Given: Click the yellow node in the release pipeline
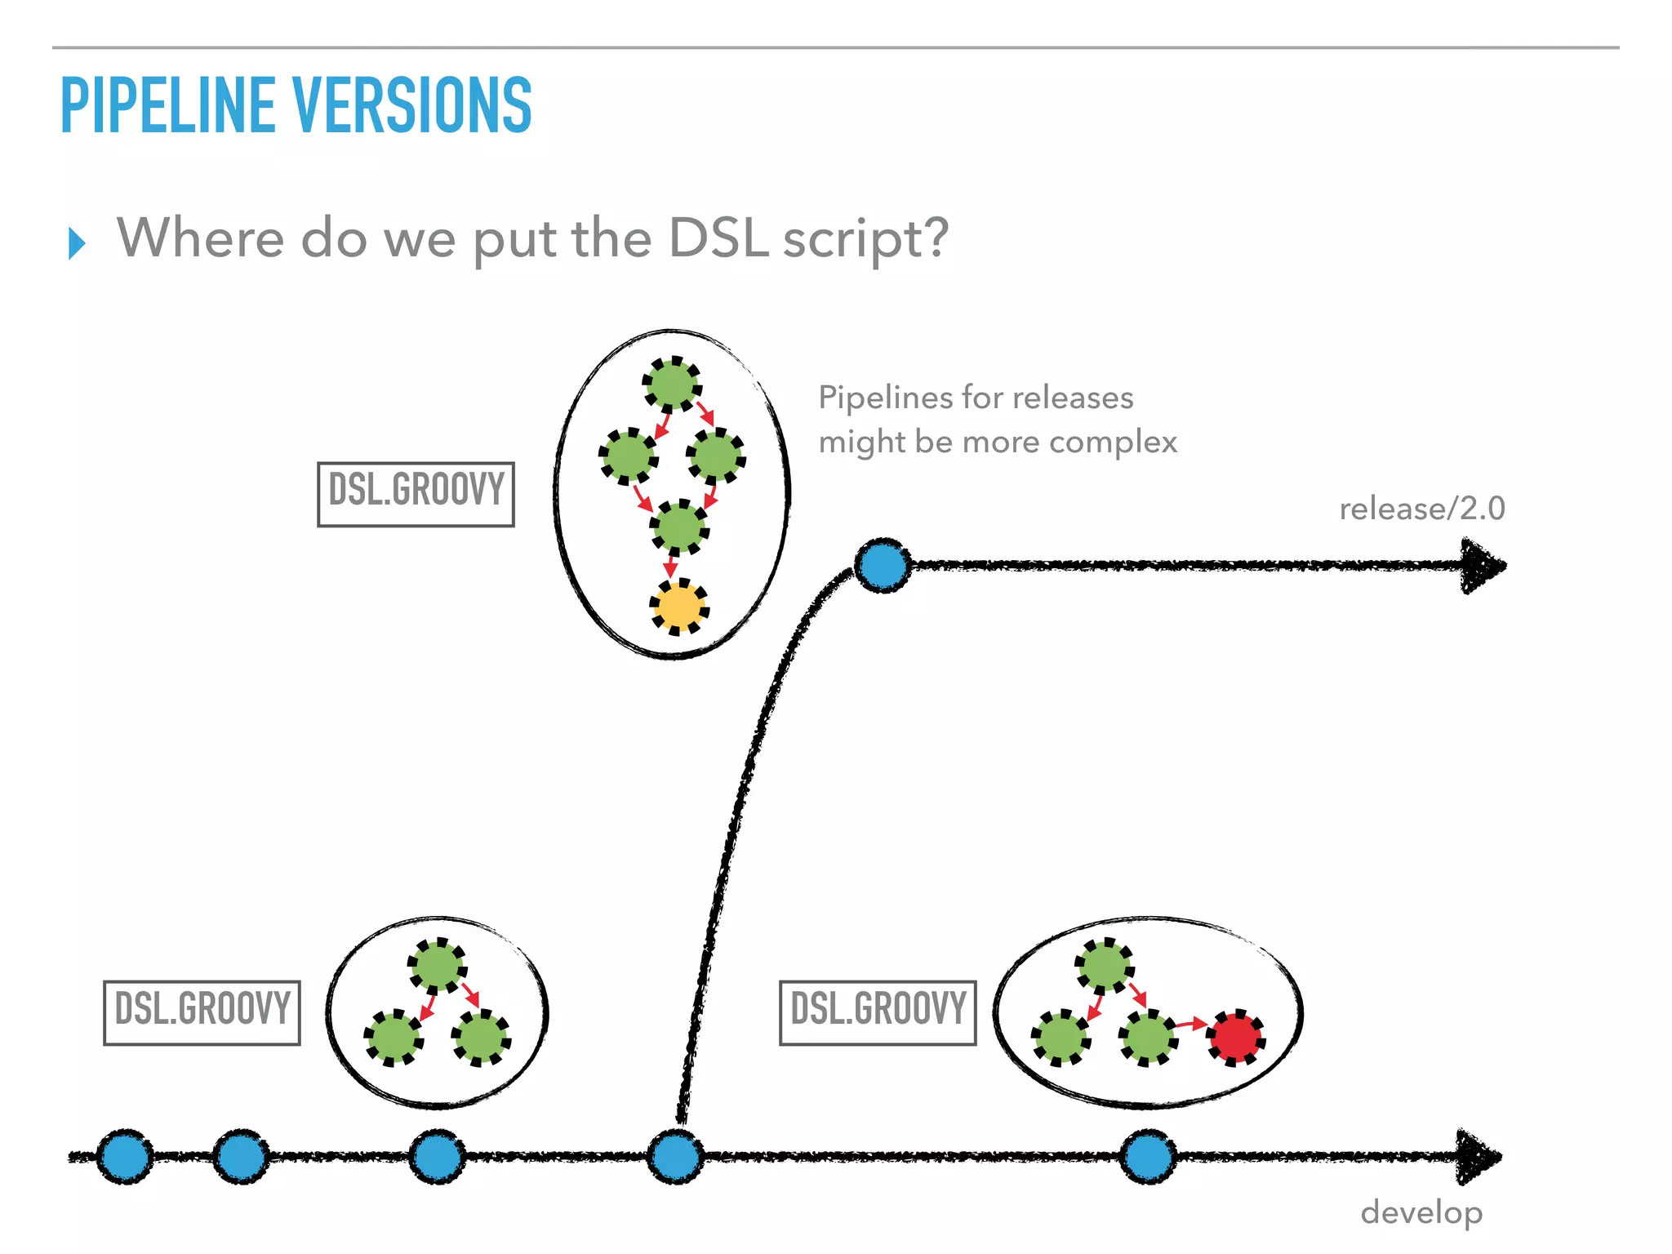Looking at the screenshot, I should coord(678,607).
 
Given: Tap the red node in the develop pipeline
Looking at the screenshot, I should coord(1236,1037).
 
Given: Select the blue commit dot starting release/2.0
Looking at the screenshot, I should coord(883,565).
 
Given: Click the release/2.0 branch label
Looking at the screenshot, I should coord(1422,509).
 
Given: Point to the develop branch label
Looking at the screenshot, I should coord(1421,1213).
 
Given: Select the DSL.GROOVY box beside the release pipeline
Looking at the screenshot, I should coord(416,494).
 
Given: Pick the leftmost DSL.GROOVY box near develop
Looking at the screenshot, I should coord(202,1012).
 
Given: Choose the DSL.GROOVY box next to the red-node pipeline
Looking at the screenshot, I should coord(878,1012).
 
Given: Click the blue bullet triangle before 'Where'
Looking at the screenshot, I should coord(78,243).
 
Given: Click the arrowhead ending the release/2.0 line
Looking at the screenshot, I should coord(1482,565).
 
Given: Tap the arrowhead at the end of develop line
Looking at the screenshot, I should coord(1478,1157).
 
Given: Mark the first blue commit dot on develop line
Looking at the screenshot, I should coord(125,1157).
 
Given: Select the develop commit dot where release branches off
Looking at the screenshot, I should coord(675,1157).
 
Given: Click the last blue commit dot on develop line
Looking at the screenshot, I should coord(1148,1157).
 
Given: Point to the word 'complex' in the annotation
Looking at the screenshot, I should coord(1113,442).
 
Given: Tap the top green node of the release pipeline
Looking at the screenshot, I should coord(672,384).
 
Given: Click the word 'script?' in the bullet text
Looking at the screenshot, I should coord(865,238).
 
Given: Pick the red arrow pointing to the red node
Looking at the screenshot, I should coord(1191,1024).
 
